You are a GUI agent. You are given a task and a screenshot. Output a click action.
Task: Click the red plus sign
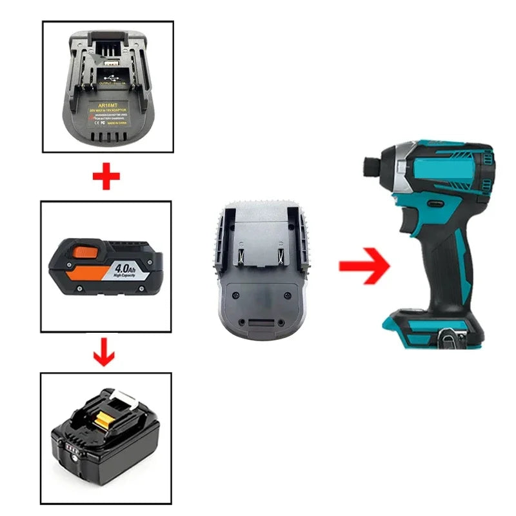[x=106, y=177]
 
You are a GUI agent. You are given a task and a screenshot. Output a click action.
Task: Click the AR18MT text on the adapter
[x=108, y=103]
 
